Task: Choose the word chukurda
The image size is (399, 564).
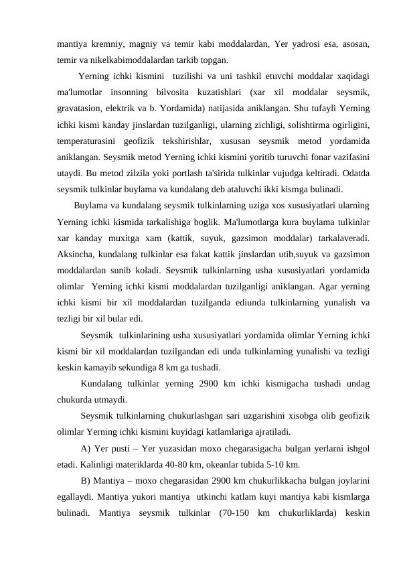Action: (77, 400)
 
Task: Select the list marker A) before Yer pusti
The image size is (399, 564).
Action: (86, 448)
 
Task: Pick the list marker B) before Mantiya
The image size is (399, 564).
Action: (86, 480)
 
